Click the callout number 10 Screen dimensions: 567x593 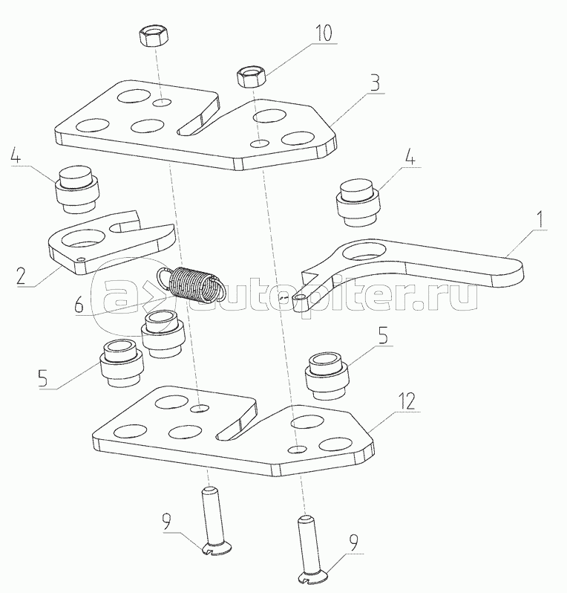pos(324,33)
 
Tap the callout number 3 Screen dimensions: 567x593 pos(375,82)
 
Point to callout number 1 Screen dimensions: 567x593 pos(541,219)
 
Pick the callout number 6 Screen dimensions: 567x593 pos(79,305)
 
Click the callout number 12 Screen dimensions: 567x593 pos(407,401)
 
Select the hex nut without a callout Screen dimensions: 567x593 pos(154,36)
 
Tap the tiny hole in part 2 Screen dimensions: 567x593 pos(80,259)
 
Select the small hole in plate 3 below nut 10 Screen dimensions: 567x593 pos(260,143)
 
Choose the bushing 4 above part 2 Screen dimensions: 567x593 pos(78,188)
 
